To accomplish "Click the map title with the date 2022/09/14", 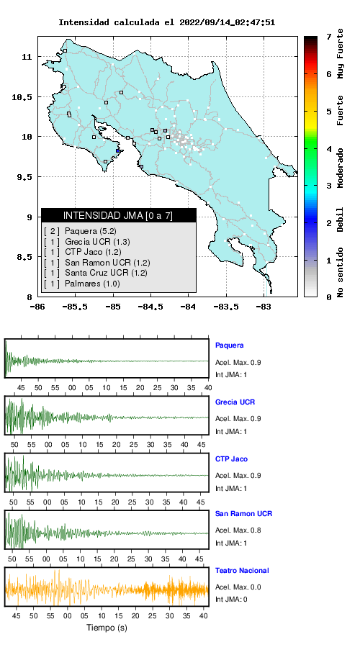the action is tap(166, 22).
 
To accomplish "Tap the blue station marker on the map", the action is tap(118, 151).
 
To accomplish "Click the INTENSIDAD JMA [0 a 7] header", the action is tap(118, 215).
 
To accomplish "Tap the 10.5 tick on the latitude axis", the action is tap(22, 97).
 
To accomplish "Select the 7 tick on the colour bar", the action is tap(329, 37).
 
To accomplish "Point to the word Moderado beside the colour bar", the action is tap(341, 168).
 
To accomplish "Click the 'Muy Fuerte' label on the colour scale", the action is tap(341, 53).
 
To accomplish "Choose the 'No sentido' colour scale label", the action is tap(341, 272).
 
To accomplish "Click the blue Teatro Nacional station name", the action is tap(242, 571).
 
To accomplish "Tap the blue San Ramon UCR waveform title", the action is tap(243, 514).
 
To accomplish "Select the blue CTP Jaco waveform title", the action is tap(231, 459).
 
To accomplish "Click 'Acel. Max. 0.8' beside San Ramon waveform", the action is tap(238, 530).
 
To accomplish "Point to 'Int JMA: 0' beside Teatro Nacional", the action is tap(231, 600).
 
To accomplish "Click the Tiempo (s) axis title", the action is tap(107, 628).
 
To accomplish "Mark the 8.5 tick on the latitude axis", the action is tap(22, 258).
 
